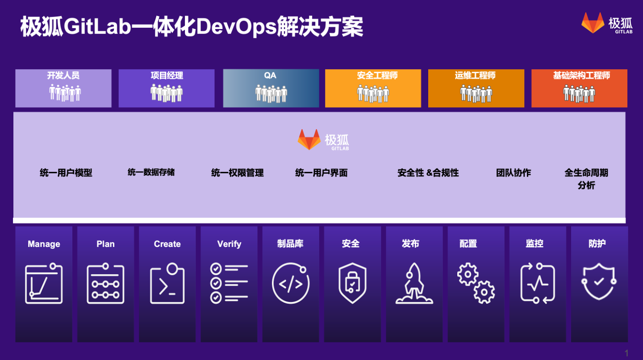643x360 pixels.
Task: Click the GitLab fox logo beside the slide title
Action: tap(593, 23)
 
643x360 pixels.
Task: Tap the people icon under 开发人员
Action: tap(65, 93)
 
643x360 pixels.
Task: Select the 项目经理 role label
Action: tap(167, 76)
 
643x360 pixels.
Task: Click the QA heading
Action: tap(270, 76)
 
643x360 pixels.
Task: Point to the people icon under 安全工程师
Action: tap(373, 93)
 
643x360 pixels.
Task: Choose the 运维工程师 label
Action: tap(475, 76)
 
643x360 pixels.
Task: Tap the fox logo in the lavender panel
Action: tap(309, 140)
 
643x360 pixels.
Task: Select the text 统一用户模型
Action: tap(66, 173)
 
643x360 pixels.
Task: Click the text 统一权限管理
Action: tap(238, 173)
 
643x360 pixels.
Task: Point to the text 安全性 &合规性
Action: tap(428, 173)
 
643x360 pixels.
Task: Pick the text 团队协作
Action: tap(514, 173)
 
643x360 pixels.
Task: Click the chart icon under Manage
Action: tap(44, 283)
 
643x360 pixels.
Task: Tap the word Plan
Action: tap(105, 244)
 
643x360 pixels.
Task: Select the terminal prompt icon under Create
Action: tap(167, 283)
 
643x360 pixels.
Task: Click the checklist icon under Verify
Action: tap(229, 283)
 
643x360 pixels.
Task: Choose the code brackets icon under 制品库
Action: tap(291, 283)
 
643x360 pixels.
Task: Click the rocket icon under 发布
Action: tap(414, 283)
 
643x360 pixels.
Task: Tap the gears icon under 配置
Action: tap(476, 283)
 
